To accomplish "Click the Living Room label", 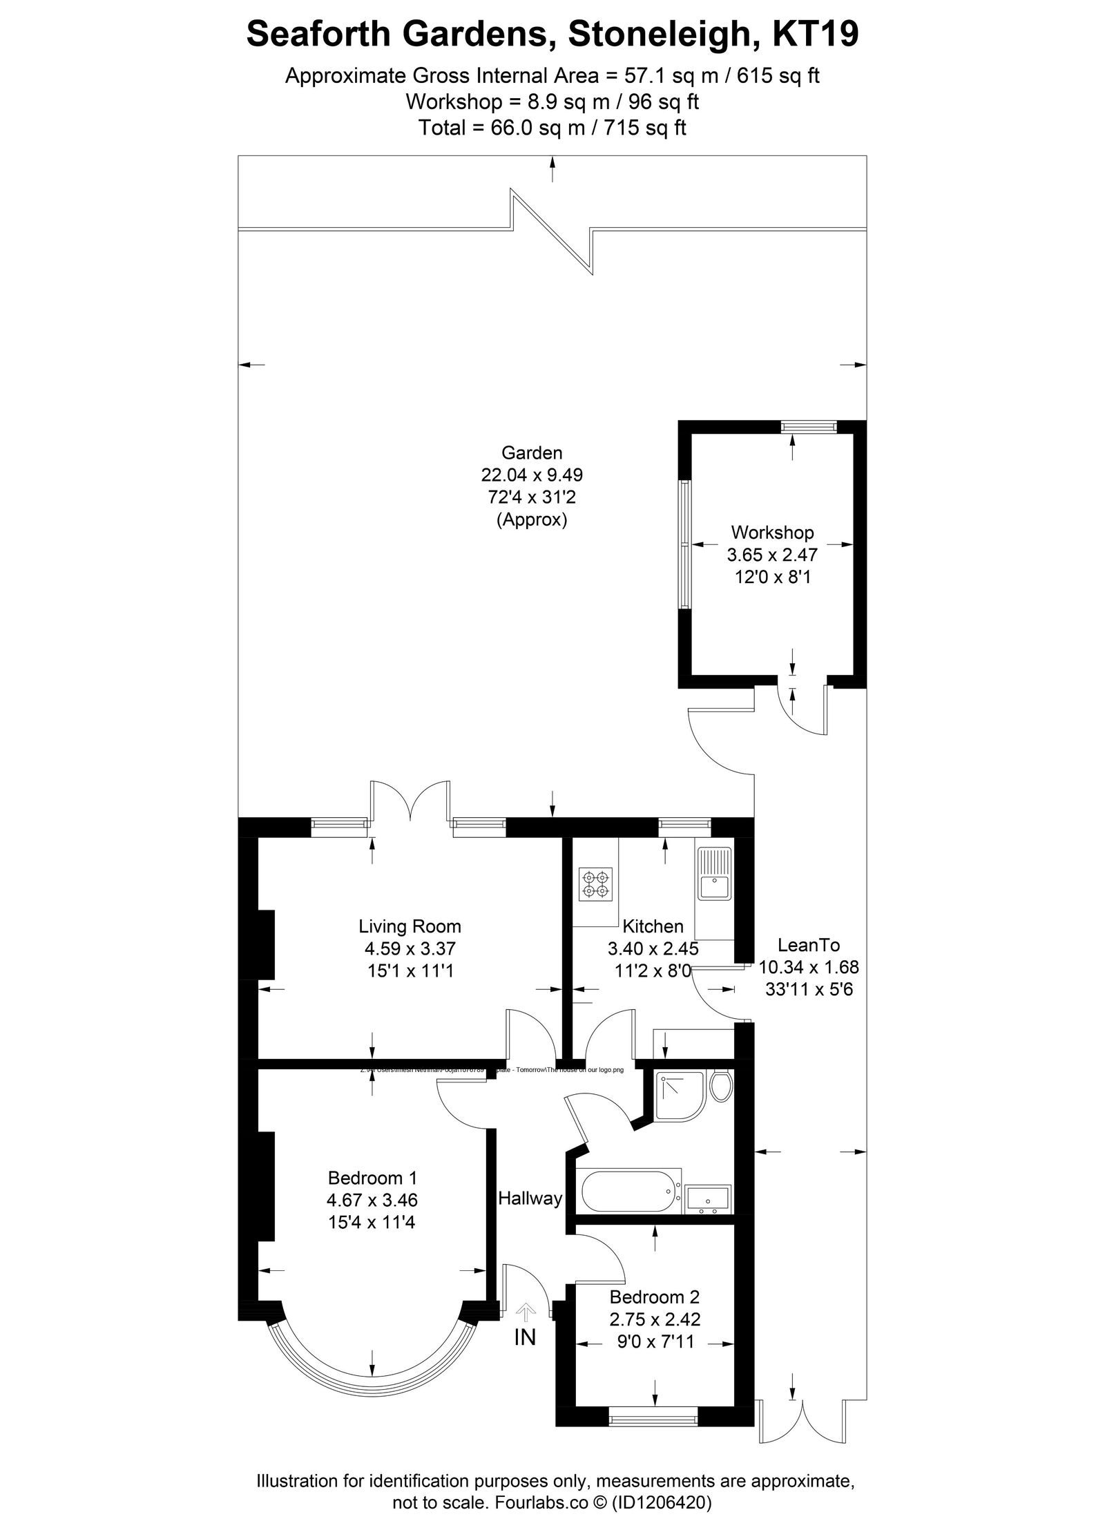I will pos(410,926).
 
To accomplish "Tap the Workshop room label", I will pos(772,533).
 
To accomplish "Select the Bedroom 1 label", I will pos(372,1178).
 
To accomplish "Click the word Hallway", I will pos(530,1198).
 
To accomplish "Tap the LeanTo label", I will pos(809,945).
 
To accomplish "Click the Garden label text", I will pos(532,453).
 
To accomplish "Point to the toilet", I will pos(720,1087).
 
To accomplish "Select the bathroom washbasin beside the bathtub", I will pos(708,1199).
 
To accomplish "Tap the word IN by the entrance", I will pos(525,1338).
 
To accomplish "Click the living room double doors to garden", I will pos(411,801).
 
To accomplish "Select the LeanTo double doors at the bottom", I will pos(801,1416).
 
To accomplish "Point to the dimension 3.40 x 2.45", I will pos(653,949).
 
